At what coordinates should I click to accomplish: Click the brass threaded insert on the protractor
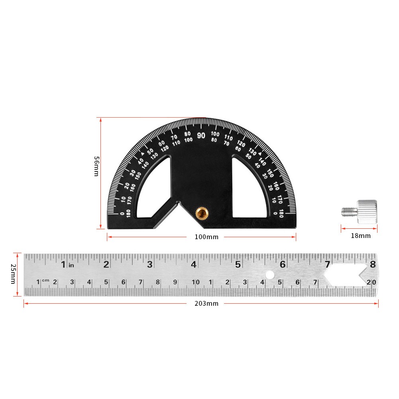(202, 213)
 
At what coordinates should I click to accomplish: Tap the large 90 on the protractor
(201, 136)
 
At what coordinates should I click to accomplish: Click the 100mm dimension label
(206, 237)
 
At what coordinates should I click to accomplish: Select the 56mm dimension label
(96, 166)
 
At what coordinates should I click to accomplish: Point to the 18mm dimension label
(360, 236)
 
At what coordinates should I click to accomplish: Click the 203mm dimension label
(206, 303)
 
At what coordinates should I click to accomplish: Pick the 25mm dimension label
(13, 275)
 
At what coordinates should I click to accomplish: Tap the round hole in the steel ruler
(270, 275)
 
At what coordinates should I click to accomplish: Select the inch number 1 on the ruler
(63, 264)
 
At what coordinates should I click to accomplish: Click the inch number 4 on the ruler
(194, 264)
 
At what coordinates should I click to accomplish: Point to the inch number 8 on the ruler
(373, 264)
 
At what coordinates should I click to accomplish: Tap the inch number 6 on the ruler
(283, 264)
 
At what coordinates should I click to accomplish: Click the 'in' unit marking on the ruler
(71, 265)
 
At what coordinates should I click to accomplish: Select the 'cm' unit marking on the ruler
(46, 280)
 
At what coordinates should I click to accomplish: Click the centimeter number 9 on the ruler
(175, 282)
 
